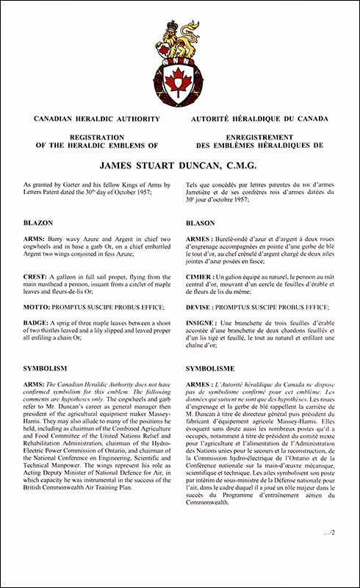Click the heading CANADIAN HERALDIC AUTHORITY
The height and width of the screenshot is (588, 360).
tap(93, 118)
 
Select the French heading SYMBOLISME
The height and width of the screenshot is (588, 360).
tap(213, 367)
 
